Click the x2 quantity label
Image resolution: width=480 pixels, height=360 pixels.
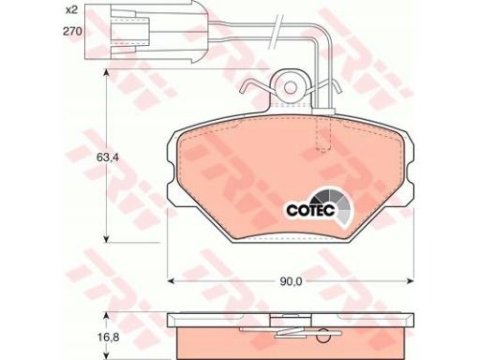[x=71, y=10]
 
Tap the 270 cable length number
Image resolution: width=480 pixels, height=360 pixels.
[x=72, y=31]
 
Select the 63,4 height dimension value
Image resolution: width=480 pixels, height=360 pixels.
[x=107, y=157]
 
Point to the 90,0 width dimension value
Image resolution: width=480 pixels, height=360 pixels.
[x=291, y=281]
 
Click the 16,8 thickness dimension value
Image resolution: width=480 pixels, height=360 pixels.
[x=107, y=337]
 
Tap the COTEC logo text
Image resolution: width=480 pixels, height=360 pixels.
[x=310, y=210]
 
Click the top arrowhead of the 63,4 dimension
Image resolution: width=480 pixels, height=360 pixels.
[x=107, y=73]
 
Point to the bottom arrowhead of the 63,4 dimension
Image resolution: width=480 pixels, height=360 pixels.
[x=107, y=238]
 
